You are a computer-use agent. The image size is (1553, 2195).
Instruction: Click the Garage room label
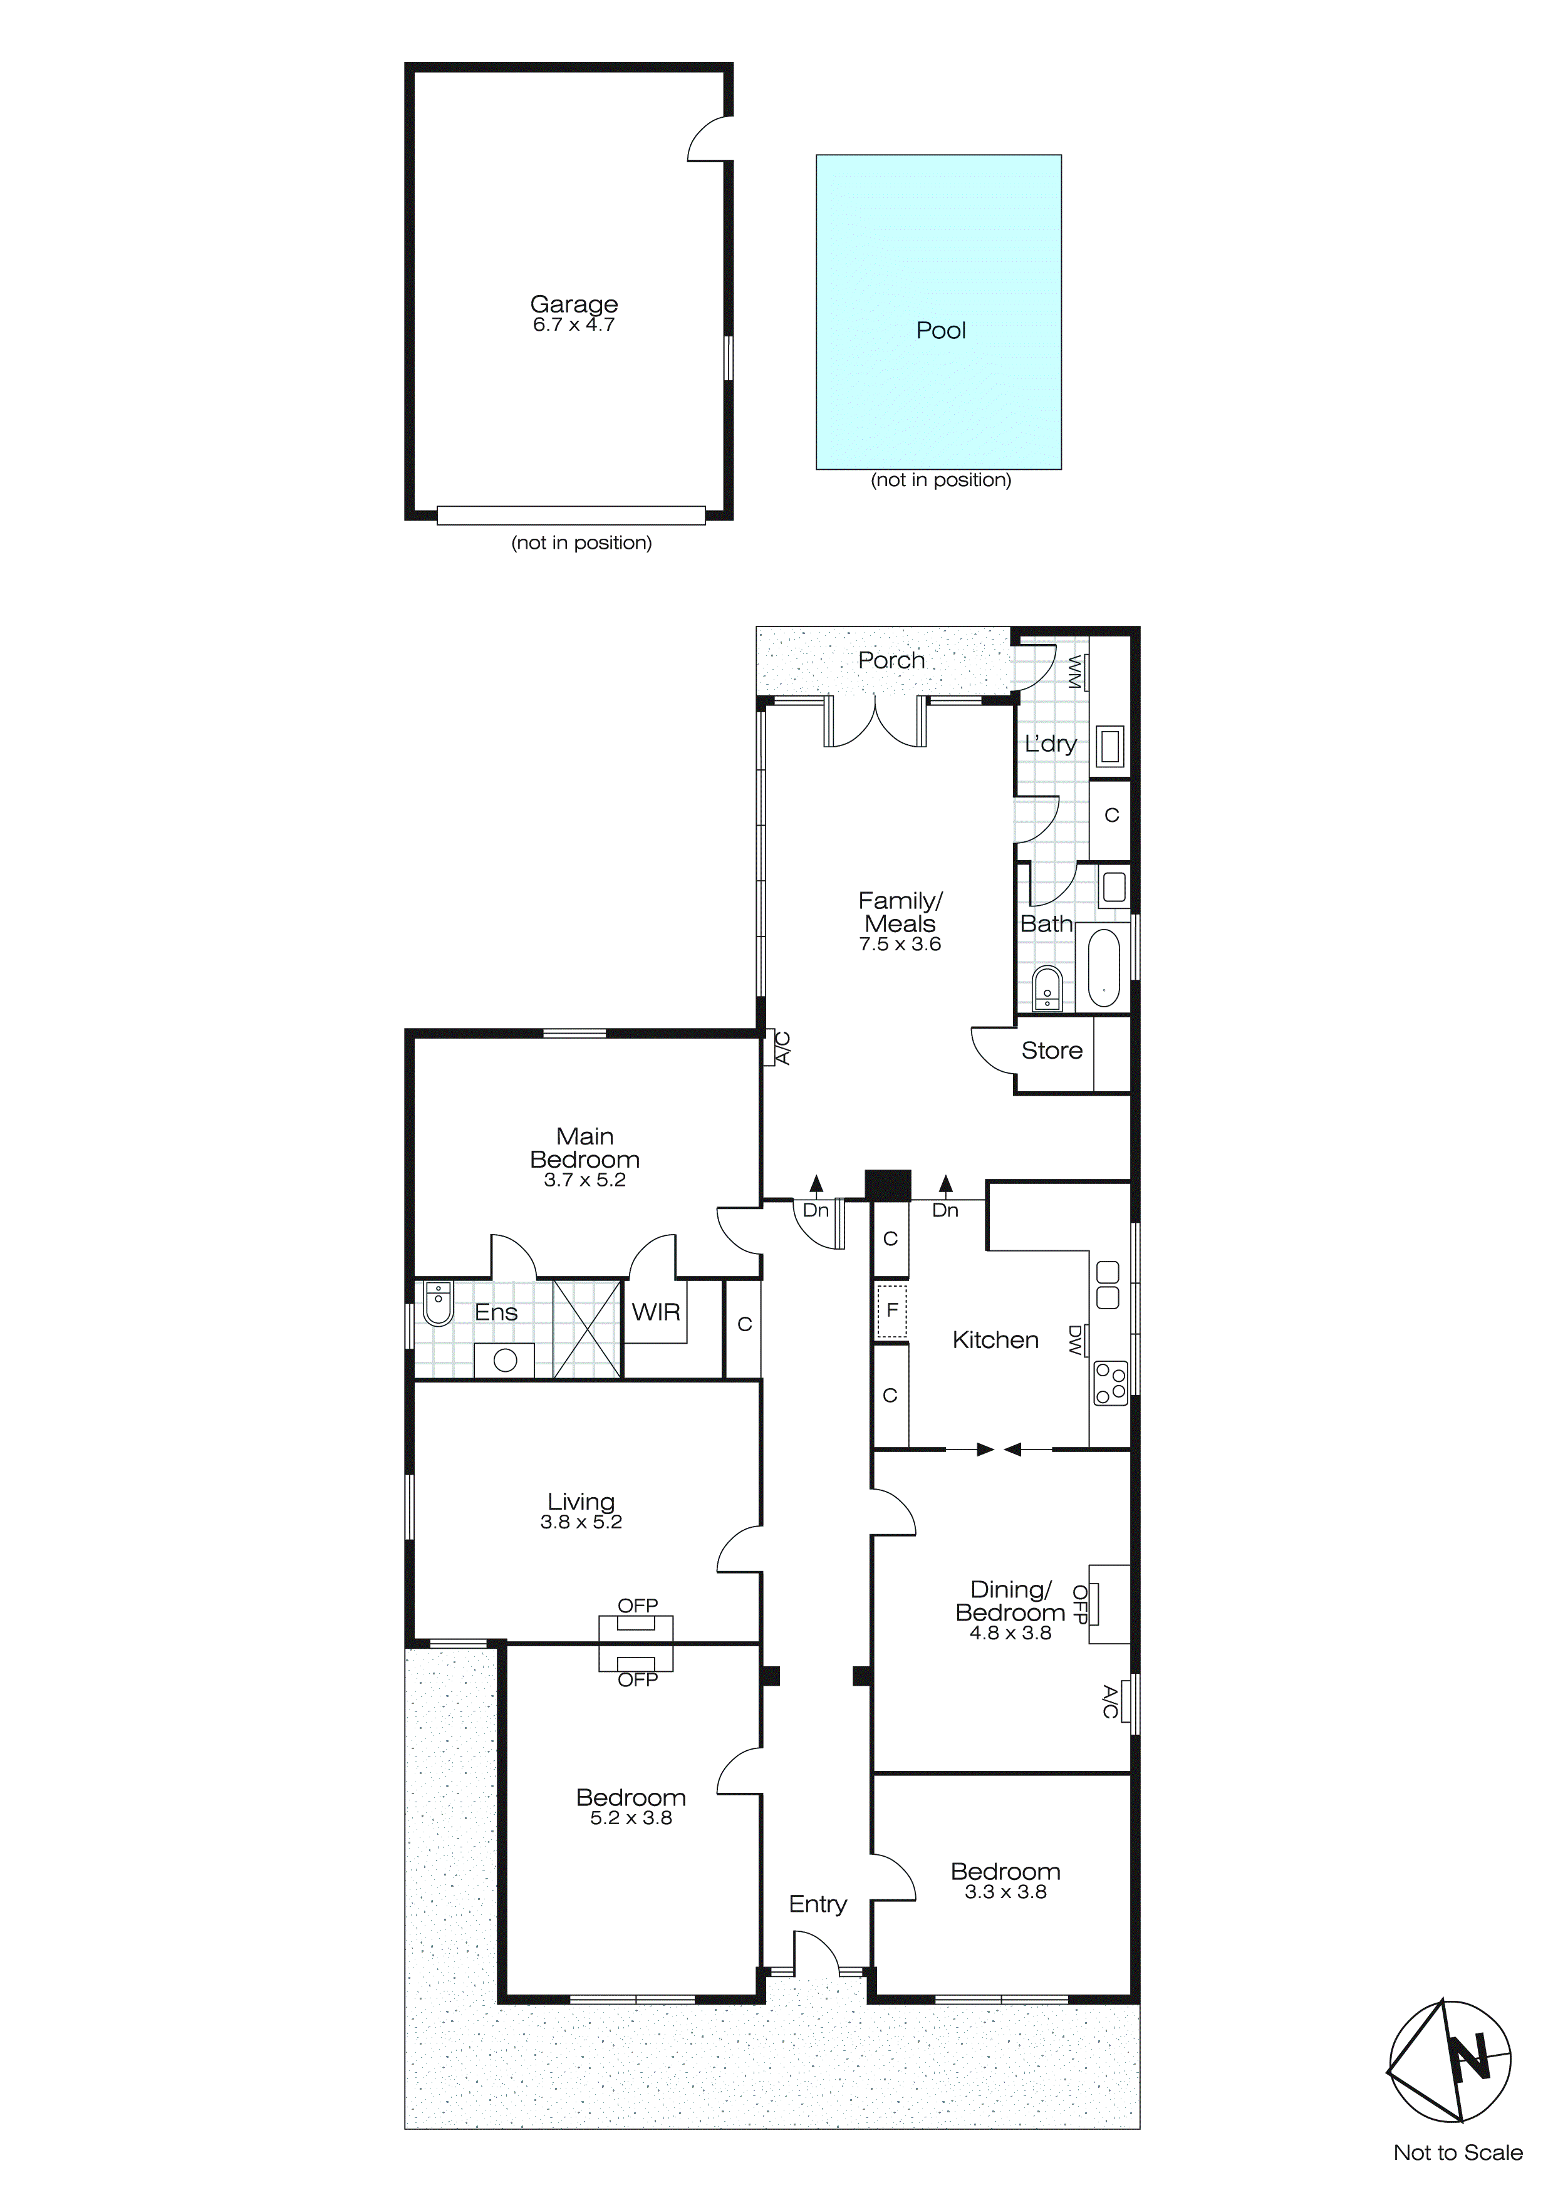(x=574, y=304)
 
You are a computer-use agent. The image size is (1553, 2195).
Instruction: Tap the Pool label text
(x=941, y=331)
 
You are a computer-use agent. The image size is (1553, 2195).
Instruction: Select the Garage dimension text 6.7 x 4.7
(x=574, y=325)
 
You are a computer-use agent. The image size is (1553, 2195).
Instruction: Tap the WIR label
(x=656, y=1312)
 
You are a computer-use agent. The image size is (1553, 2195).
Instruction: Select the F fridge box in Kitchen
(x=891, y=1310)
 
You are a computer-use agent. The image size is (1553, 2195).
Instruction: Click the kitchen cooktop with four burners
(x=1111, y=1383)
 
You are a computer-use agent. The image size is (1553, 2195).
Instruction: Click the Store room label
(x=1052, y=1051)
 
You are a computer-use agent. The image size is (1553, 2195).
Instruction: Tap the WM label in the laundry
(x=1074, y=672)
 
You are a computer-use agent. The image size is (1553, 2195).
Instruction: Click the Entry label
(x=818, y=1904)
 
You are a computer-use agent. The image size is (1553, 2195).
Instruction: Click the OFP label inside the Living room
(x=637, y=1606)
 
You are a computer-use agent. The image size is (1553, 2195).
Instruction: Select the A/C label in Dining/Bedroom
(x=1109, y=1702)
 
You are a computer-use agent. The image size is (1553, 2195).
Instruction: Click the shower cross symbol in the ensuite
(x=587, y=1329)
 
